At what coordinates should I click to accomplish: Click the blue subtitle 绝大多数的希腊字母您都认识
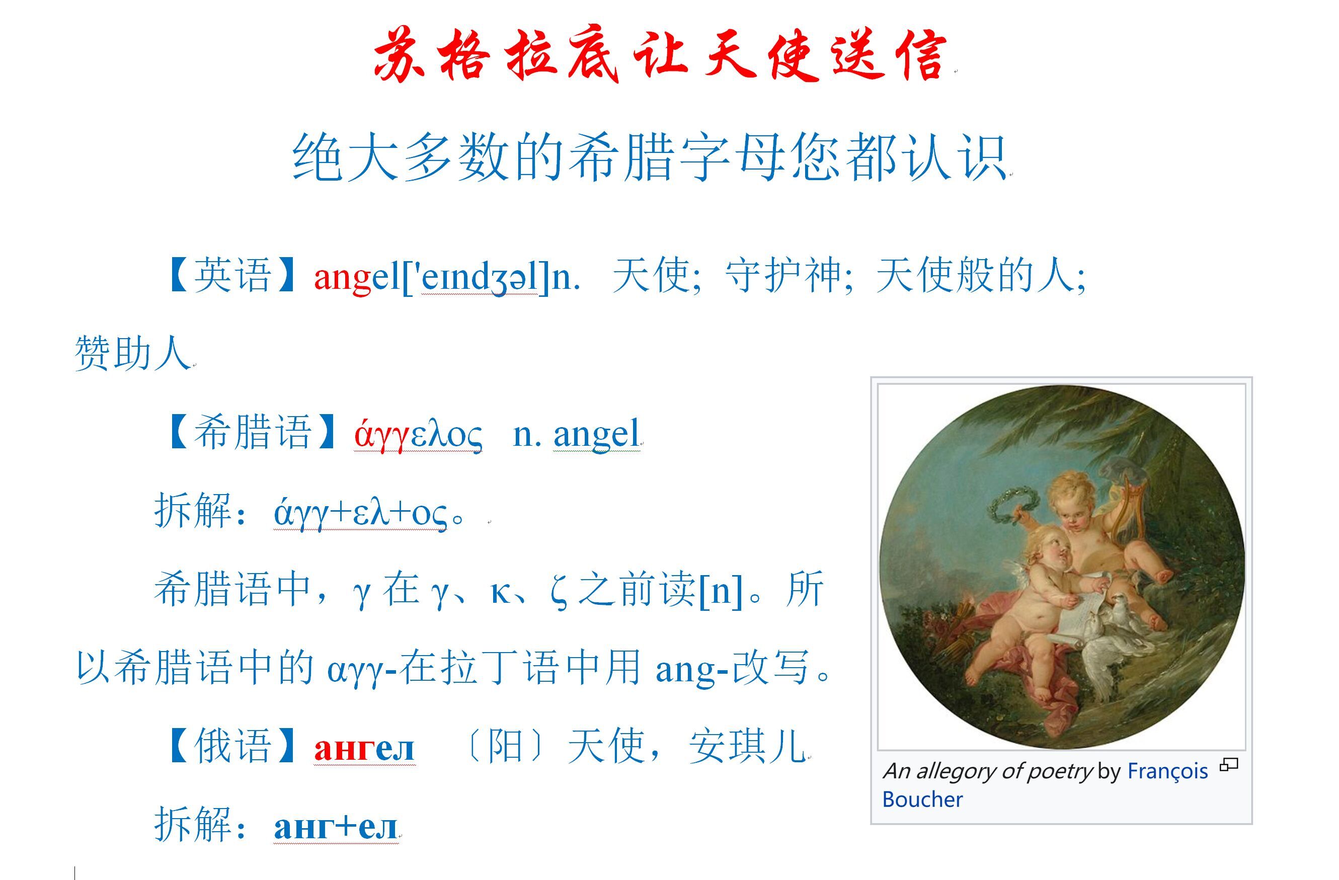tap(649, 157)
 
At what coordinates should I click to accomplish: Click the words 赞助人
tap(133, 354)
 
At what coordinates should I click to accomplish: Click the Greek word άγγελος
tap(418, 435)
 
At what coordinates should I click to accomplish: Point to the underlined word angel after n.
tap(596, 434)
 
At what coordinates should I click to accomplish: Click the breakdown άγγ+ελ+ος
tap(361, 513)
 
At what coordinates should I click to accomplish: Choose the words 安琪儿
tap(748, 747)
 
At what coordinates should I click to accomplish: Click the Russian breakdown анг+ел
tap(335, 827)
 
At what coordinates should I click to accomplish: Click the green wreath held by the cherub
tap(1010, 503)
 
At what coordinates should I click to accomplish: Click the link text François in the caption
tap(1167, 771)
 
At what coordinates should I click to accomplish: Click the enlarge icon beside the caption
tap(1229, 765)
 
